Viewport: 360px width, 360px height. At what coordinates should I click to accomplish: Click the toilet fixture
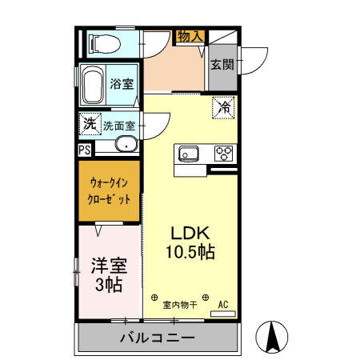tap(104, 42)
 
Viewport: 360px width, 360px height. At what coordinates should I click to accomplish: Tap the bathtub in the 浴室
tap(92, 83)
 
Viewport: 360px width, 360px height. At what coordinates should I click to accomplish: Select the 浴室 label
tap(122, 83)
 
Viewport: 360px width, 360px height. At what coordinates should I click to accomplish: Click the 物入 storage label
tap(190, 37)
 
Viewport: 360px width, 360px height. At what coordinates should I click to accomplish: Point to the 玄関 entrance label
tap(222, 64)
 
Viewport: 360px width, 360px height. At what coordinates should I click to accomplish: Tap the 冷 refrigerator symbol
tap(223, 106)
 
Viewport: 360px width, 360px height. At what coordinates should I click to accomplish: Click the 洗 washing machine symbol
tap(90, 124)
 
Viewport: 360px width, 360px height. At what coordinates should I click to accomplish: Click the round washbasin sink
tap(125, 145)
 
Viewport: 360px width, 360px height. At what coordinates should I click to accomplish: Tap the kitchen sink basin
tap(190, 152)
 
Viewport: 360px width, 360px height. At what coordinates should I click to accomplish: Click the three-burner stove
tap(222, 152)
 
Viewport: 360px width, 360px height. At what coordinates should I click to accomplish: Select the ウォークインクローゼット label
tap(110, 192)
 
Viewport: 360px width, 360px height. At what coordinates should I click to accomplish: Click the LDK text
tap(190, 233)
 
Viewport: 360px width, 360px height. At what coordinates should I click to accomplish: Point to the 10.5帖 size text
tap(190, 253)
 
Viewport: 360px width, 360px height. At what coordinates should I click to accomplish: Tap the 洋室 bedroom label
tap(106, 264)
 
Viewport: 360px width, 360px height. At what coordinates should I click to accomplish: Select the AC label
tap(224, 304)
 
